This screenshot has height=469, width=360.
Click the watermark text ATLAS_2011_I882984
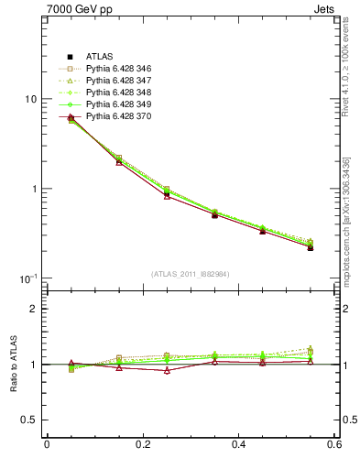point(191,274)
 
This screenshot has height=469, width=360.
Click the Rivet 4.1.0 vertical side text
point(349,63)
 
